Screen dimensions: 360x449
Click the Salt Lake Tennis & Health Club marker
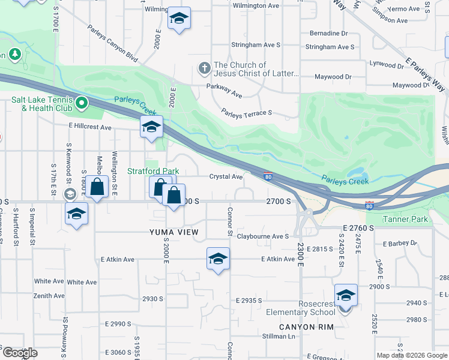point(81,104)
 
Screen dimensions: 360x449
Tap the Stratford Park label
point(153,171)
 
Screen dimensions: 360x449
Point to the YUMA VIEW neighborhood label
point(177,232)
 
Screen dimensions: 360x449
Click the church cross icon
point(204,68)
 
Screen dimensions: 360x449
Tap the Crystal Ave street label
point(226,177)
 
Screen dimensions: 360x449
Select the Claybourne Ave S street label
point(263,236)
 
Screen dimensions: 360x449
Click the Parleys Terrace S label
point(247,112)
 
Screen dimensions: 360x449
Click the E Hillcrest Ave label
point(90,127)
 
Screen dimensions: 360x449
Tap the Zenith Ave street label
point(49,296)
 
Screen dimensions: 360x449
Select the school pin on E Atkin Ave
point(218,259)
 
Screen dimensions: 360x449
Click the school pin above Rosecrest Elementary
point(346,296)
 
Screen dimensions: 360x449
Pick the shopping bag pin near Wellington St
point(97,187)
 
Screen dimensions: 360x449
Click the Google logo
point(19,353)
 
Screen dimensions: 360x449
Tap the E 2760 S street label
point(358,229)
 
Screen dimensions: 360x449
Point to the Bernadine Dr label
point(328,34)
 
